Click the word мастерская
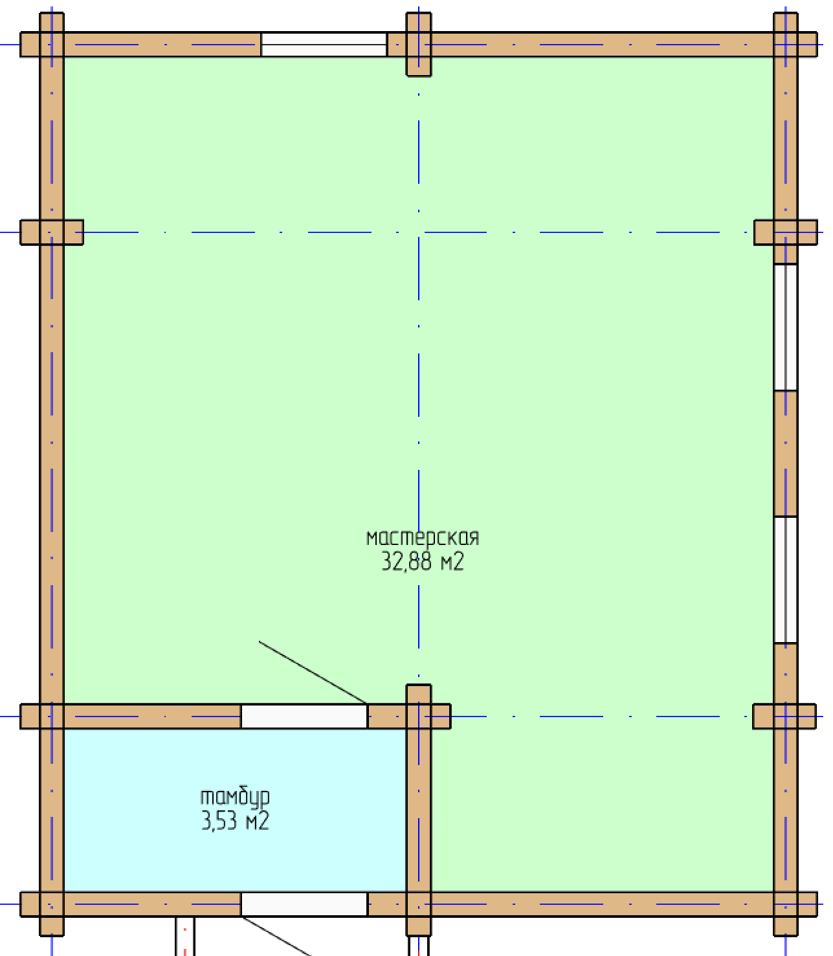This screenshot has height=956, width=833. click(423, 538)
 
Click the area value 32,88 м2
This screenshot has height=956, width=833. click(423, 561)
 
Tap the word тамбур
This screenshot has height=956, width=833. click(235, 797)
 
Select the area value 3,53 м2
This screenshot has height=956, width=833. click(235, 821)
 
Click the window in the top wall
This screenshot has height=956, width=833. click(324, 45)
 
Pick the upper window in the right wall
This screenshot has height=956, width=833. click(785, 327)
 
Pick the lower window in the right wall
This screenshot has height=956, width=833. click(785, 580)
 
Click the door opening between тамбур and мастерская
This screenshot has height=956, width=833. click(304, 717)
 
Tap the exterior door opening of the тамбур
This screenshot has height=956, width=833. click(304, 904)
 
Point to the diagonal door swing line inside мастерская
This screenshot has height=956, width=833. click(313, 673)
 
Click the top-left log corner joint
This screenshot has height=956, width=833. click(51, 45)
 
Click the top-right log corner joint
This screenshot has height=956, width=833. click(785, 45)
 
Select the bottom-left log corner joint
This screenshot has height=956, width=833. click(51, 904)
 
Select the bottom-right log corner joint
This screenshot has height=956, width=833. click(785, 904)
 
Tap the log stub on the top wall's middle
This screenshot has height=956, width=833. click(419, 44)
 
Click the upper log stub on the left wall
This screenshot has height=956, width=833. click(51, 232)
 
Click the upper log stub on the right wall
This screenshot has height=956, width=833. click(785, 232)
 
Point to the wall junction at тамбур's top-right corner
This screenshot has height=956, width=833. click(419, 717)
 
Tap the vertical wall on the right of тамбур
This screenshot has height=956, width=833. click(419, 810)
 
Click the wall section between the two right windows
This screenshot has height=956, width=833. click(785, 454)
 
